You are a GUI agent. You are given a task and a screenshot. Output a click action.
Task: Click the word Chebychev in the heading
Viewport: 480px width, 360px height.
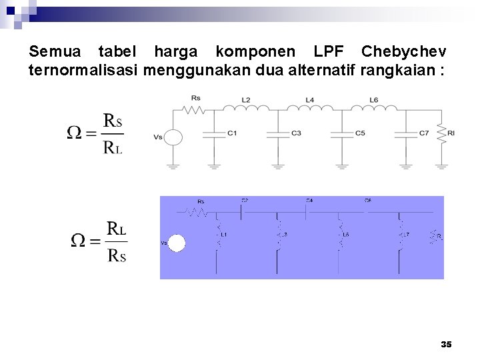tap(403, 51)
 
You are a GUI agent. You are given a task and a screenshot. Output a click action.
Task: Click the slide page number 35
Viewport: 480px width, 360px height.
tap(446, 345)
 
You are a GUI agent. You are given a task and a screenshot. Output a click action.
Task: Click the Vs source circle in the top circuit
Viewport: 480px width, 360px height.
tap(173, 137)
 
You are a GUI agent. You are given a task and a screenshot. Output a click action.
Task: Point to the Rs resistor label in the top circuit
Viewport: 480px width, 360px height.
tap(195, 98)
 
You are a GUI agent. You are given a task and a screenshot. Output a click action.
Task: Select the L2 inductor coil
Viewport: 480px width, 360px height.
tap(245, 108)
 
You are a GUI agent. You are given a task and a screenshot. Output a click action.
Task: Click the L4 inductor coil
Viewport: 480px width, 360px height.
tap(310, 108)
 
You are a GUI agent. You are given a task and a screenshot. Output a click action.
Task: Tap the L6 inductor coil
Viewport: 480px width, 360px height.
tap(374, 108)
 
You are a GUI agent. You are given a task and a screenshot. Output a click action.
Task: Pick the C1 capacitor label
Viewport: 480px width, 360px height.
tap(232, 133)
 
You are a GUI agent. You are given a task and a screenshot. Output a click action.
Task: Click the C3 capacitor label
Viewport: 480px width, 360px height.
tap(296, 133)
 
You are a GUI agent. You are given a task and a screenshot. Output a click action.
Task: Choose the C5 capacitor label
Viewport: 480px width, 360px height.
tap(360, 133)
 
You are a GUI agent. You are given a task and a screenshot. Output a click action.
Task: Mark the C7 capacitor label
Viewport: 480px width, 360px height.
tap(424, 133)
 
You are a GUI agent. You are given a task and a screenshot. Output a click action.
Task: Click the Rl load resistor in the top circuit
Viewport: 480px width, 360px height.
tap(441, 133)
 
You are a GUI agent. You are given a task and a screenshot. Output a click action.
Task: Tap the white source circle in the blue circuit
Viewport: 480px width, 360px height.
tap(176, 243)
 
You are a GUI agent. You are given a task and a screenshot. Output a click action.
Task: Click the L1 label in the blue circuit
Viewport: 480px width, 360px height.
tap(223, 235)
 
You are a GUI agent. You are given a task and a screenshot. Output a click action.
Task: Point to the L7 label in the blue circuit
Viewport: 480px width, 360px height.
tap(405, 235)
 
